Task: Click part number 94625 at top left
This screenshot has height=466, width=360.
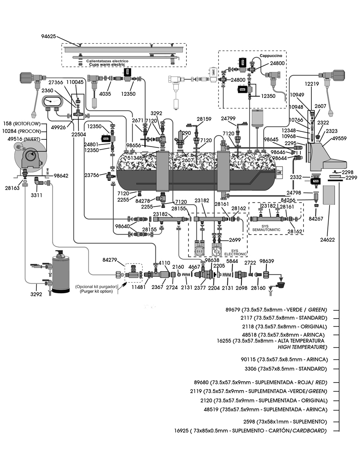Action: [48, 37]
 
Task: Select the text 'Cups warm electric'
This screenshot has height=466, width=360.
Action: [106, 65]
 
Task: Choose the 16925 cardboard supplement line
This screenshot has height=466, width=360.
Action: [251, 431]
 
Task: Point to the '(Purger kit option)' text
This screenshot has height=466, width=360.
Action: [97, 291]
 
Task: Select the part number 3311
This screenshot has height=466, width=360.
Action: [36, 196]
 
